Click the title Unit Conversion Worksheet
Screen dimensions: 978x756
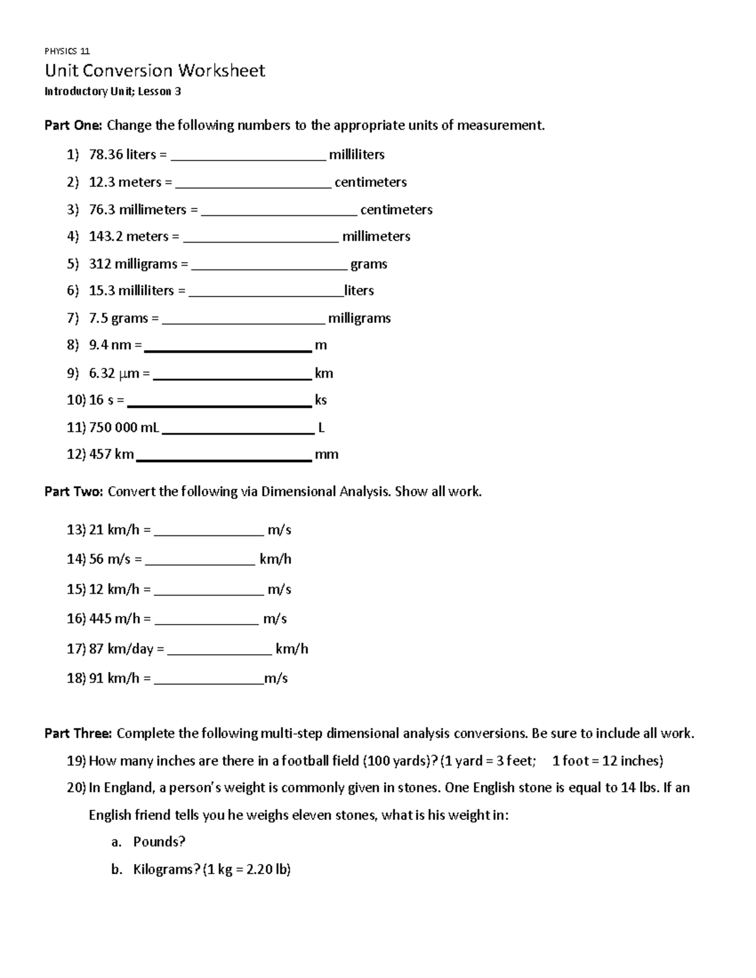[x=154, y=71]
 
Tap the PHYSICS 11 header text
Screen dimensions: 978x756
[x=67, y=52]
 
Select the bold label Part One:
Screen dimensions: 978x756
[x=72, y=125]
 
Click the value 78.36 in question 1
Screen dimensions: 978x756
[x=106, y=155]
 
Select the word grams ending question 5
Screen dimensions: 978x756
[x=369, y=264]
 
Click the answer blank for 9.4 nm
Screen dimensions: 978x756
[x=227, y=347]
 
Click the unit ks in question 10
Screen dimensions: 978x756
[x=321, y=401]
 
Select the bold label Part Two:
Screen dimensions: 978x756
[x=73, y=492]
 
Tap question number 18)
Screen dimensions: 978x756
[x=76, y=679]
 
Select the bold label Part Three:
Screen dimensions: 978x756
[x=78, y=734]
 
